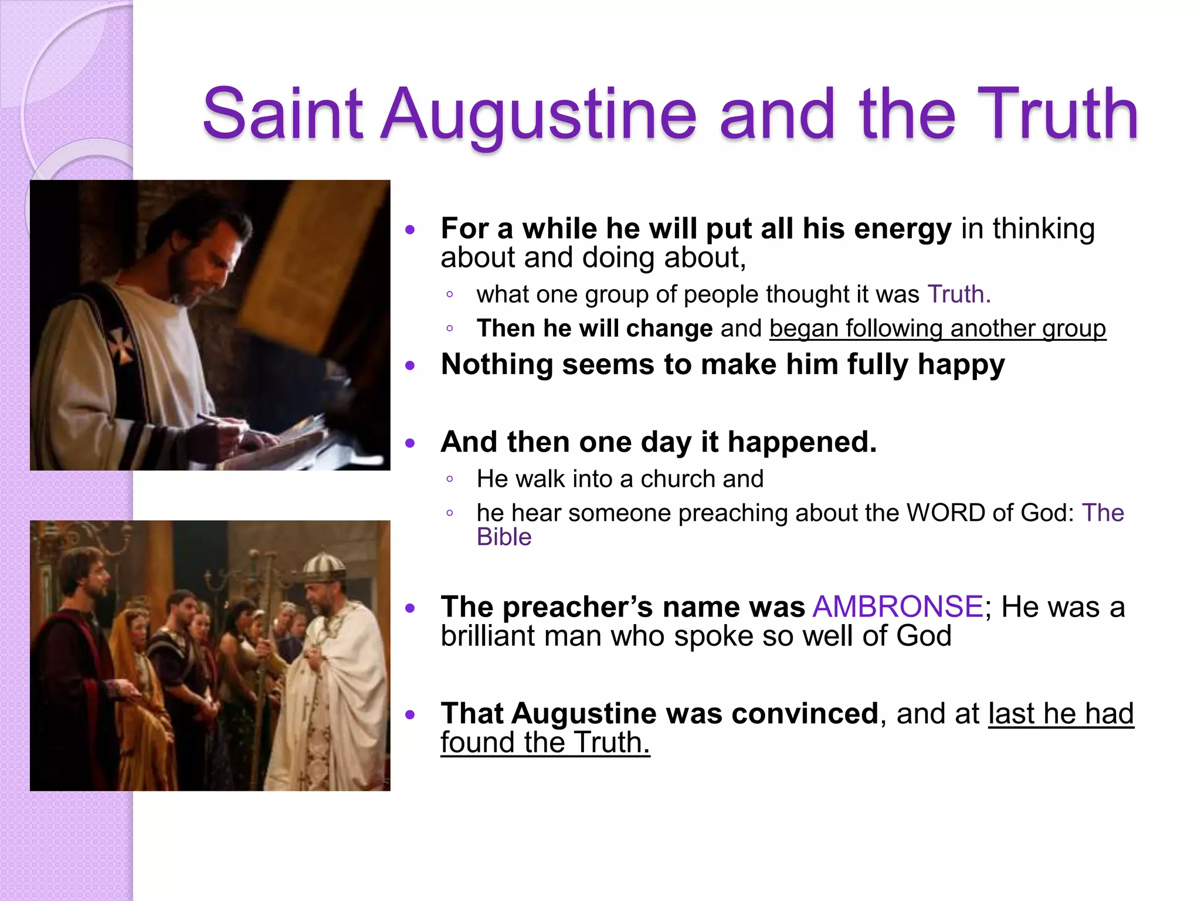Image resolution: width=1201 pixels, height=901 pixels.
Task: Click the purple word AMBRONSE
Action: (x=897, y=607)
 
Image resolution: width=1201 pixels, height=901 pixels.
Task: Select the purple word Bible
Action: (x=504, y=537)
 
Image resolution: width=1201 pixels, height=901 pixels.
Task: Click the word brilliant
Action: (x=488, y=636)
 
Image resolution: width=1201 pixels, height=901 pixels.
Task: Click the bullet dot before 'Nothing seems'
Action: (x=410, y=366)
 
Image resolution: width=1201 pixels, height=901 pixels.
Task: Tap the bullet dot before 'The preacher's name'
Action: (x=410, y=608)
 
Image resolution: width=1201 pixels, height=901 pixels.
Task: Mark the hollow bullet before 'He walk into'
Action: (x=449, y=479)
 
